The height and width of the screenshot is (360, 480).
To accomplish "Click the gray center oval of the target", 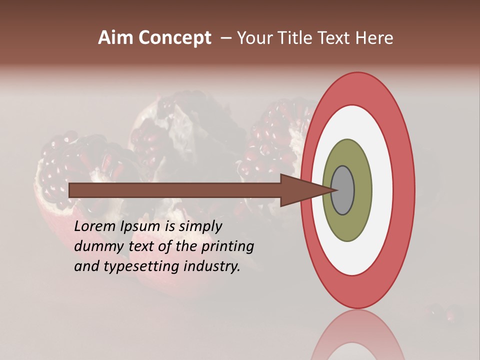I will pyautogui.click(x=342, y=190).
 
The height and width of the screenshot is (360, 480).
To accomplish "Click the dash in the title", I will pyautogui.click(x=225, y=38).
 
